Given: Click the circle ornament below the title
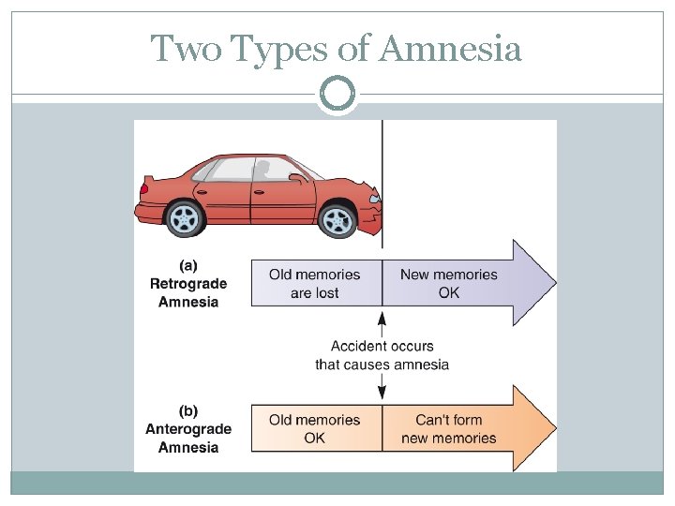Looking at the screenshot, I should [337, 95].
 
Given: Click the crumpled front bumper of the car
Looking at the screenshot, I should [375, 214].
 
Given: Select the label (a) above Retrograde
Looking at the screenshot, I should [187, 265].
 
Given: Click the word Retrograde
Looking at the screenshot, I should [188, 284].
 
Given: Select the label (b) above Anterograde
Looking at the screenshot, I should [187, 410].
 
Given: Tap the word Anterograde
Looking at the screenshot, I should [188, 429].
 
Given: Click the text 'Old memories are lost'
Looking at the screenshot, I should [315, 284].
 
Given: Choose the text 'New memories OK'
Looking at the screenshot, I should [449, 284].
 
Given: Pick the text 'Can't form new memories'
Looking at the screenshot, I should [449, 429].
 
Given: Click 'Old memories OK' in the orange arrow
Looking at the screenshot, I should [315, 429].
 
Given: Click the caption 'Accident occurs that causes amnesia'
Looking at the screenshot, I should [382, 355].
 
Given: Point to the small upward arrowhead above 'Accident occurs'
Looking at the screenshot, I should [382, 321].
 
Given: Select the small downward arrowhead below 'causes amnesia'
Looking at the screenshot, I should [382, 391].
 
